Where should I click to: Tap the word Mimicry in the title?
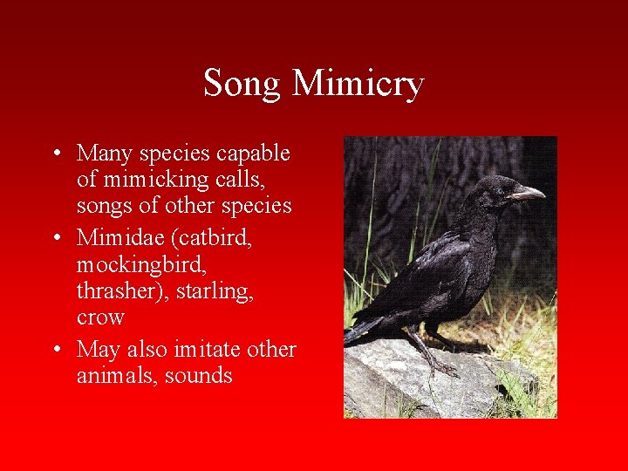point(358,85)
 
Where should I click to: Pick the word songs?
point(104,206)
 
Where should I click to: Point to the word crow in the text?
point(100,317)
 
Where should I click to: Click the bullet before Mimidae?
point(56,237)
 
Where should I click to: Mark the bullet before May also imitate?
point(56,350)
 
